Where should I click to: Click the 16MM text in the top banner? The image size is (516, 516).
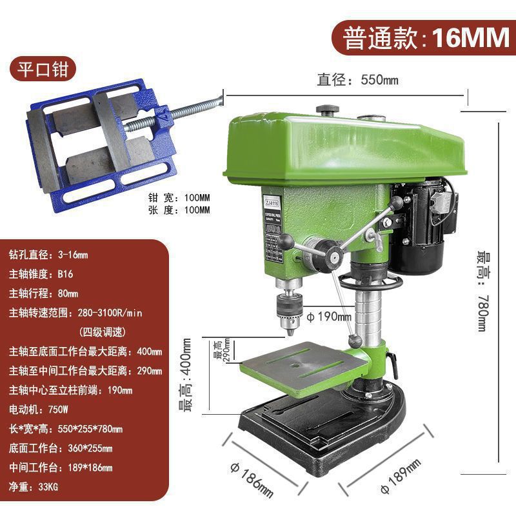pos(470,38)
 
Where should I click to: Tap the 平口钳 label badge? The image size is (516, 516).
pos(43,70)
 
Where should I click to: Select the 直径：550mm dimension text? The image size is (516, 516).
pos(357,81)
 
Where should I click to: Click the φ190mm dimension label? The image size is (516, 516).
pos(328,317)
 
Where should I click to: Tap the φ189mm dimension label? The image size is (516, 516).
pos(400,475)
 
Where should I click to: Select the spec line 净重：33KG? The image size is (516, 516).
pos(34,486)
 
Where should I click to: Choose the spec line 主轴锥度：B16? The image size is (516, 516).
pos(41,273)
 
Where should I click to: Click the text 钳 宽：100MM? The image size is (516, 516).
pos(179,198)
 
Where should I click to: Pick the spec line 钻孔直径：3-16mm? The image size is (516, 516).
pos(49,254)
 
